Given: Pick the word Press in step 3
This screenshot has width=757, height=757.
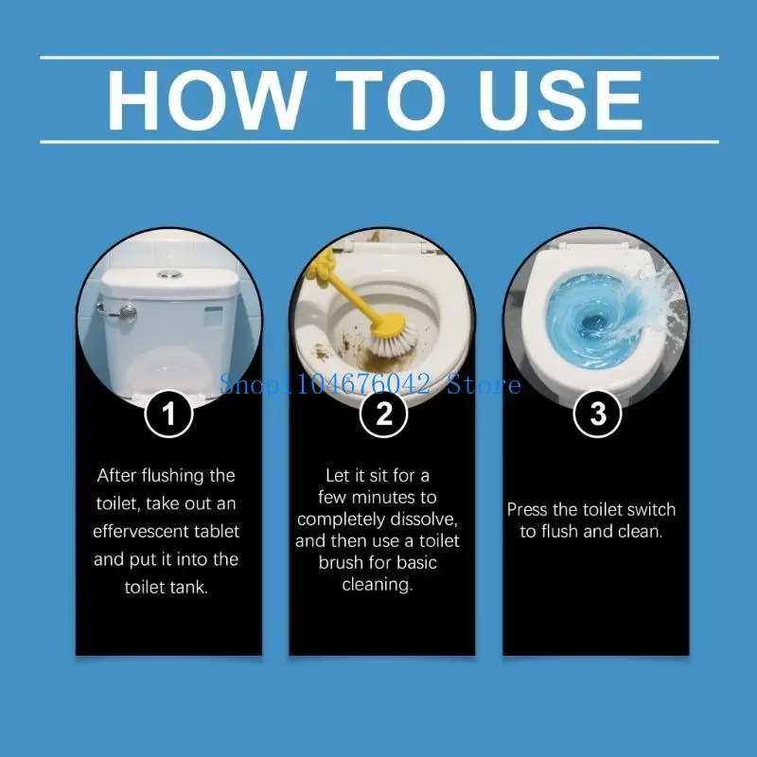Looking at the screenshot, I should point(528,509).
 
